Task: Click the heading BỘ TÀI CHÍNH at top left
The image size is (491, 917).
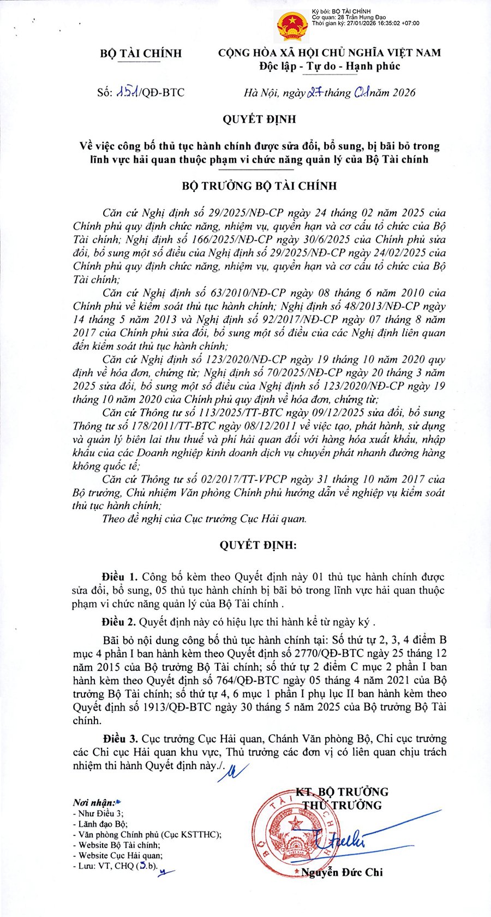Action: pos(141,53)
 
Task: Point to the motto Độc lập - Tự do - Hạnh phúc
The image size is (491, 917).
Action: pos(330,67)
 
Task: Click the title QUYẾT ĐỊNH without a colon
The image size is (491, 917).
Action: pos(259,119)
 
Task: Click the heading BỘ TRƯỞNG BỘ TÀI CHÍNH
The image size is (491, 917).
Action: pos(259,186)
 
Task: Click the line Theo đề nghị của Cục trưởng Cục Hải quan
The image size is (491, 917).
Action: pos(204,519)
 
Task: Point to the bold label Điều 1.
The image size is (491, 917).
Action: pos(120,577)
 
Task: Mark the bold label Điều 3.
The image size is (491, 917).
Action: pos(120,739)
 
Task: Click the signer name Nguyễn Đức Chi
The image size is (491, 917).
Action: pos(342,872)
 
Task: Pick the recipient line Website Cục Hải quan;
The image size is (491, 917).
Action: pos(120,855)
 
